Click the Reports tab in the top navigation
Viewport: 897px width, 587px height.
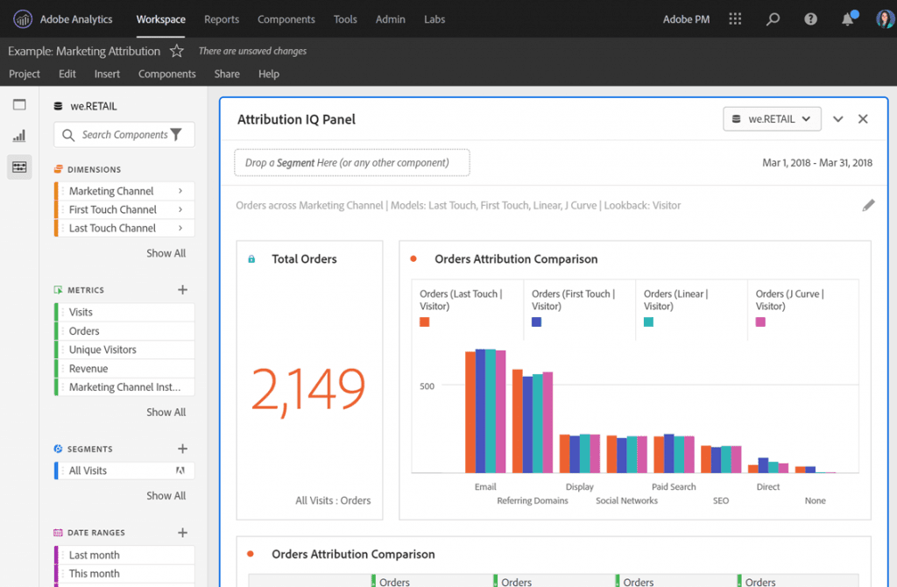point(222,19)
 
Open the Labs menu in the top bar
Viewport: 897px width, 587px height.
point(434,19)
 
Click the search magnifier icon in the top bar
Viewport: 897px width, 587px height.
point(773,19)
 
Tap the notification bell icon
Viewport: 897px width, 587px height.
point(848,19)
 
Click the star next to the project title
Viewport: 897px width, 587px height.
point(177,51)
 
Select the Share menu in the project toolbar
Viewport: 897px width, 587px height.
point(227,74)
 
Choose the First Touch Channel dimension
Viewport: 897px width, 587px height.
point(113,209)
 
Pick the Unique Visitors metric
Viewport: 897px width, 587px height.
point(102,350)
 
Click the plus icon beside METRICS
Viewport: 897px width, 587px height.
point(182,290)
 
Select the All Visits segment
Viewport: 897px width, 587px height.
point(88,470)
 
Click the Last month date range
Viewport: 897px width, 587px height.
point(94,555)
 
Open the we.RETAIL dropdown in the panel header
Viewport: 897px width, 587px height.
point(772,119)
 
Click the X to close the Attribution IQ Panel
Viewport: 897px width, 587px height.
point(863,119)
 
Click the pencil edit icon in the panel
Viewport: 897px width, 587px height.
point(868,205)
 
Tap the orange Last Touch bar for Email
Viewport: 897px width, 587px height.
point(470,412)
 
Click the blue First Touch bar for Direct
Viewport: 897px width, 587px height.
point(763,465)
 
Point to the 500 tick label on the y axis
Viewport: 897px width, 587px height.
point(426,385)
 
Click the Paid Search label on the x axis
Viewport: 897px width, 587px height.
point(674,487)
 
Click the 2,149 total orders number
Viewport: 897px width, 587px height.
point(308,390)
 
